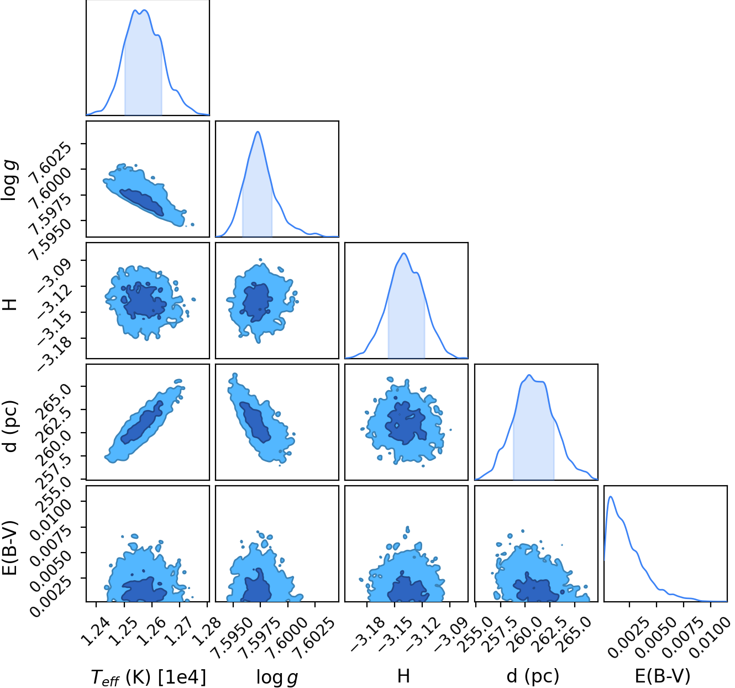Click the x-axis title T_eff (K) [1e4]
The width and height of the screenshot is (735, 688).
149,677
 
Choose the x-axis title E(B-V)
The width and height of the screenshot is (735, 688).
663,676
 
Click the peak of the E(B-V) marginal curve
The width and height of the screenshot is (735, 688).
611,497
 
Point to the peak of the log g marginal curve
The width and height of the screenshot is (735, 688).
258,132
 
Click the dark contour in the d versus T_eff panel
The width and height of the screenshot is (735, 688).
142,423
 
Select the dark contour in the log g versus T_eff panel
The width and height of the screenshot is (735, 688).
141,202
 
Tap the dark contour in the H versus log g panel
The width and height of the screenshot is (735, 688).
257,302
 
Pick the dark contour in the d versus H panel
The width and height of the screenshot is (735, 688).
405,423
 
